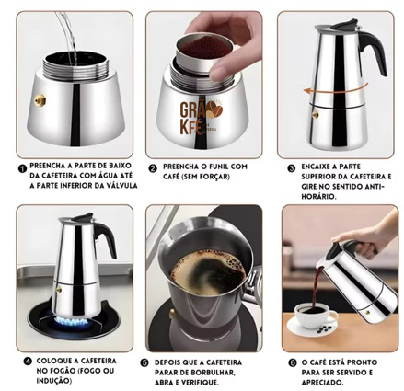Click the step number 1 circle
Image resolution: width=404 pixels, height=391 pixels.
[x=22, y=168]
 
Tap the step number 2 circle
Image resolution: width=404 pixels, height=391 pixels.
[x=153, y=168]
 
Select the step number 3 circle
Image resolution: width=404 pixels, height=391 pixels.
[x=291, y=168]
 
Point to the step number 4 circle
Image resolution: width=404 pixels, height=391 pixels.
[x=28, y=362]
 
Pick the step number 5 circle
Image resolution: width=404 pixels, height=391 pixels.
[x=144, y=362]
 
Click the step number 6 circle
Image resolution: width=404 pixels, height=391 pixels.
[x=293, y=362]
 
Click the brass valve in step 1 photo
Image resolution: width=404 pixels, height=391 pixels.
[x=40, y=100]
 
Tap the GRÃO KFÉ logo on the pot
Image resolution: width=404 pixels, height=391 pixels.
[x=200, y=118]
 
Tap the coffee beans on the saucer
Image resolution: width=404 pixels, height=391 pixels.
[x=324, y=329]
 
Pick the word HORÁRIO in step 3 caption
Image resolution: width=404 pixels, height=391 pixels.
[x=318, y=197]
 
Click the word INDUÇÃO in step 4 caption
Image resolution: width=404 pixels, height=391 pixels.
[x=54, y=381]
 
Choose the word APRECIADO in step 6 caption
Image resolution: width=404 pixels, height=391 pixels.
[x=322, y=383]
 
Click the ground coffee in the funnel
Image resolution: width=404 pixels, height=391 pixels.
[x=203, y=48]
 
